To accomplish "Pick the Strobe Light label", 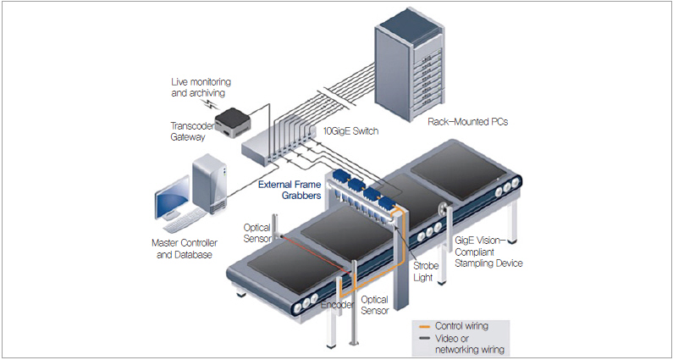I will pyautogui.click(x=425, y=271).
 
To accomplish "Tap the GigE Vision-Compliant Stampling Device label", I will pyautogui.click(x=489, y=252).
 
